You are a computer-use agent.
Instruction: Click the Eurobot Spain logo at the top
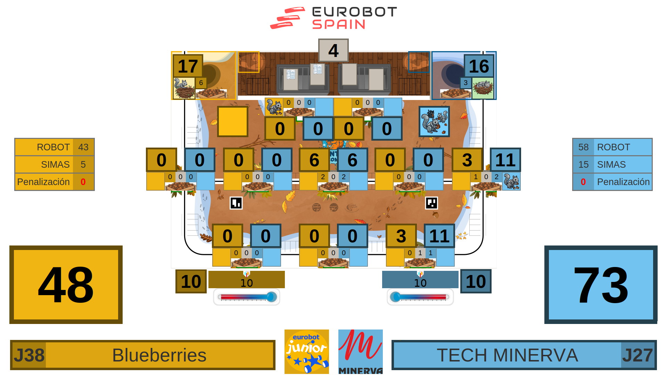[333, 18]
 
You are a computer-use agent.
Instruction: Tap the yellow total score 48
[66, 285]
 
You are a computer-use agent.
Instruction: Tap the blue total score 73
[601, 285]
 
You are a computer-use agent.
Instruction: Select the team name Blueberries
[159, 355]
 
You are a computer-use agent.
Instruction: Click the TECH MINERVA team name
[507, 355]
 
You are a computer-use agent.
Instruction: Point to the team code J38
[29, 355]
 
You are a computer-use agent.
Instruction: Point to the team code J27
[637, 355]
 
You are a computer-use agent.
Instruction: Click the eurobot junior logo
[306, 351]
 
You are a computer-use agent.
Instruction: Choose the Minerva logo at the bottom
[360, 351]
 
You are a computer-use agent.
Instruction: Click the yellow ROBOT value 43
[83, 147]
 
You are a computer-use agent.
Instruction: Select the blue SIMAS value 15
[583, 165]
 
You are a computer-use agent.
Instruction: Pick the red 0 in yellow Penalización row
[83, 182]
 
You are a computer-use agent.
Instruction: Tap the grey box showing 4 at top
[333, 51]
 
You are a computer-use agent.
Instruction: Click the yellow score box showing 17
[188, 66]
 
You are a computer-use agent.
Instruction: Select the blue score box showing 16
[479, 66]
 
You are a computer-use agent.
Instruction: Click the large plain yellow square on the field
[232, 122]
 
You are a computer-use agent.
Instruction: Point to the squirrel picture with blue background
[434, 122]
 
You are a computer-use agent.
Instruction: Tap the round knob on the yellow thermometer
[272, 297]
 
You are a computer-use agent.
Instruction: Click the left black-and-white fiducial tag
[236, 203]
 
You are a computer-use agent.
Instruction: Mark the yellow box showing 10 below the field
[191, 281]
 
